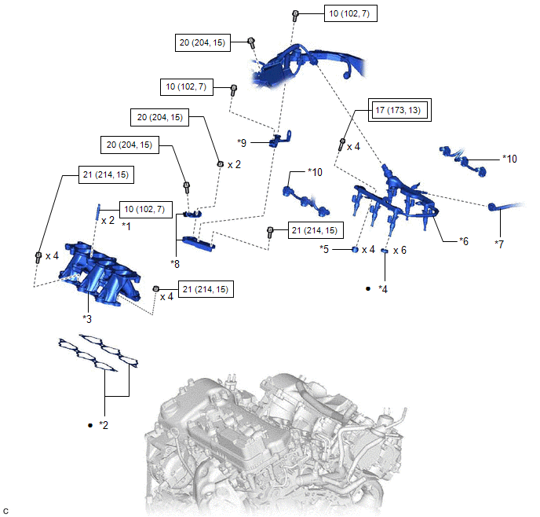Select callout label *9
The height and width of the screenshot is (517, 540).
(x=242, y=142)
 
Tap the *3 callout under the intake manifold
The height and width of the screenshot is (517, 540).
(x=88, y=318)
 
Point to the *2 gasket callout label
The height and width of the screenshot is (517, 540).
(x=103, y=425)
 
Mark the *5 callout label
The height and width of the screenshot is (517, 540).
(x=324, y=249)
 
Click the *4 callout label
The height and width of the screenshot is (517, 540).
(x=383, y=289)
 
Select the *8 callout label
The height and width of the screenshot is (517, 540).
(x=175, y=264)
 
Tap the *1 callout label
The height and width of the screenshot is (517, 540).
(x=125, y=225)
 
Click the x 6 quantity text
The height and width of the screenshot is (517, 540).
(x=400, y=250)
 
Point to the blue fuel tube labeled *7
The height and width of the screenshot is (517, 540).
(x=510, y=206)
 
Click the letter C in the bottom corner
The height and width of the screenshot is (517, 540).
(x=6, y=511)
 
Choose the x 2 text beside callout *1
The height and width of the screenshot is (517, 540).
(x=108, y=221)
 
